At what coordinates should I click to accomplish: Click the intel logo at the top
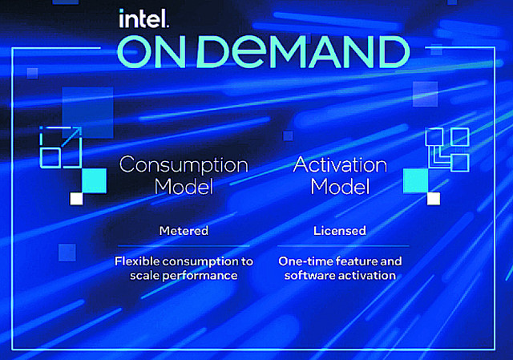pos(144,18)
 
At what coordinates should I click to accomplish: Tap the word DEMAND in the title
pos(303,51)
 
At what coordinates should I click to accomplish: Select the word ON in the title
pos(151,51)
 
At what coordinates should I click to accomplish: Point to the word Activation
pos(340,164)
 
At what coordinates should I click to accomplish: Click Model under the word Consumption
pos(184,187)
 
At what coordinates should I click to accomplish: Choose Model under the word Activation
pos(340,187)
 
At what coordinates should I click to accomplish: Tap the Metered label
pos(184,231)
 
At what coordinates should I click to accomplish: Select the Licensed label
pos(340,231)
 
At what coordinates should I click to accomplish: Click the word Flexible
pos(137,261)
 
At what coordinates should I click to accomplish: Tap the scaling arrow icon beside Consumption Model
pos(61,148)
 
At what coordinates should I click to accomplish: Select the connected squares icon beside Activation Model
pos(447,150)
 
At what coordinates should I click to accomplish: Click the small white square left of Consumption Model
pos(77,199)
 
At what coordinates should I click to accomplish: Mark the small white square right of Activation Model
pos(434,199)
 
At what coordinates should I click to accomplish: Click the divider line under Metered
pos(184,246)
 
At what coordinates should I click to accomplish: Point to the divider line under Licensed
pos(343,245)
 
